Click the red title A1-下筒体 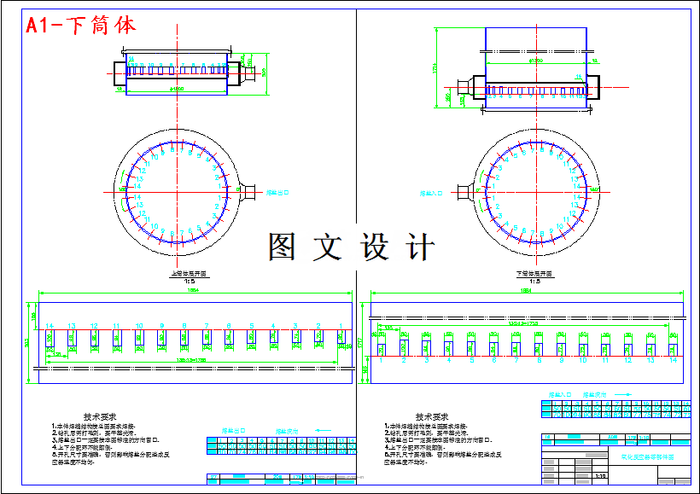pyautogui.click(x=81, y=25)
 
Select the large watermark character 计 pyautogui.click(x=420, y=247)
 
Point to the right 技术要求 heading pyautogui.click(x=432, y=416)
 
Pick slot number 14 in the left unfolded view pyautogui.click(x=50, y=326)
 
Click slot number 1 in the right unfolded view pyautogui.click(x=382, y=361)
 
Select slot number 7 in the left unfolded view pyautogui.click(x=207, y=326)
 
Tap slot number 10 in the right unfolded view pyautogui.click(x=584, y=361)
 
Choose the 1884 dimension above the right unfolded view pyautogui.click(x=526, y=293)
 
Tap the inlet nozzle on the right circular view pyautogui.click(x=465, y=194)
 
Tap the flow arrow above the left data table pyautogui.click(x=286, y=431)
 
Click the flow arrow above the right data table pyautogui.click(x=610, y=395)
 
